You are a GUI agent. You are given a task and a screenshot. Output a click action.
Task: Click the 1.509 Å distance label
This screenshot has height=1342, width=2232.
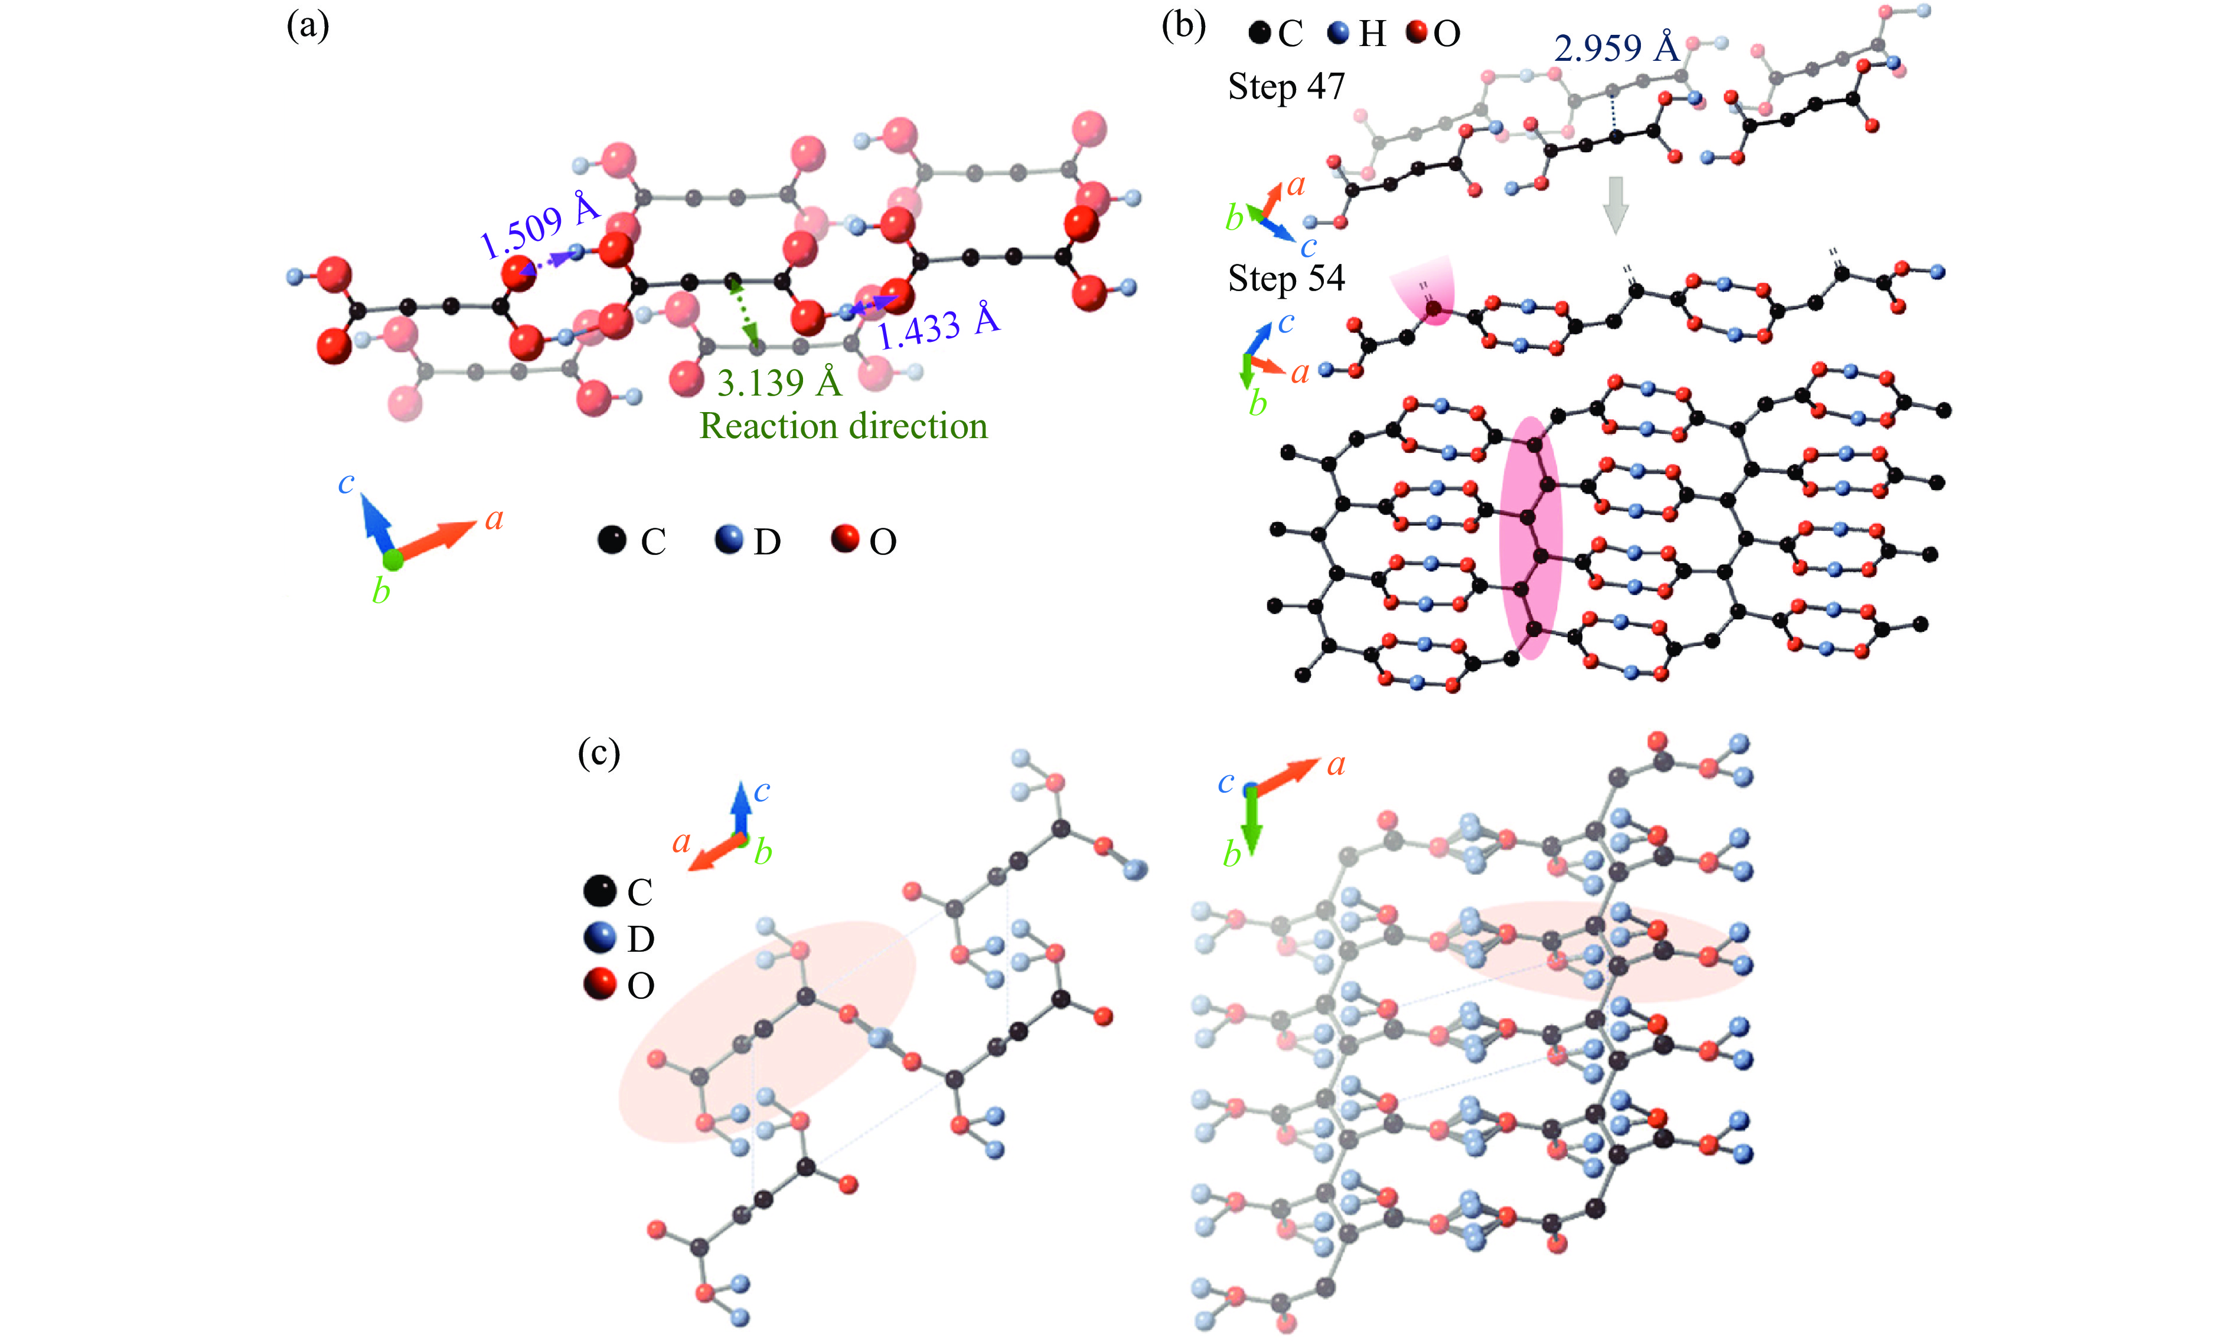tap(540, 226)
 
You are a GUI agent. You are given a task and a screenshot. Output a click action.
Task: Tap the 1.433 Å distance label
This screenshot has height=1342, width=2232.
tap(939, 326)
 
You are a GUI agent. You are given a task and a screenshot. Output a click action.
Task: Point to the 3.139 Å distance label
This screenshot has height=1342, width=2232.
tap(779, 383)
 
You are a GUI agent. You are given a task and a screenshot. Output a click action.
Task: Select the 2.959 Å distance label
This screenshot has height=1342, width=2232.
tap(1616, 48)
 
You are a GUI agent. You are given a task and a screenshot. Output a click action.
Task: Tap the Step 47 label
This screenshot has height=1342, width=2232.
tap(1286, 87)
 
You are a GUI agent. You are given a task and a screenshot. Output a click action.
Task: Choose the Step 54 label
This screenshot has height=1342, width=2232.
tap(1286, 279)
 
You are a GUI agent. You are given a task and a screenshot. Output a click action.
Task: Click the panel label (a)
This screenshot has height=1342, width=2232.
tap(308, 25)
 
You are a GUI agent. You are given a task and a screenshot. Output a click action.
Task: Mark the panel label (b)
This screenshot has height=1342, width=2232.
tap(1183, 25)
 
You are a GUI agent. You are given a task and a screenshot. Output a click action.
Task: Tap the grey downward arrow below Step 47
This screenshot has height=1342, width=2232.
tap(1615, 204)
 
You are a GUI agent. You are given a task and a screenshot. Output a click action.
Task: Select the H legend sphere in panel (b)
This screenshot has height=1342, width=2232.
tap(1339, 34)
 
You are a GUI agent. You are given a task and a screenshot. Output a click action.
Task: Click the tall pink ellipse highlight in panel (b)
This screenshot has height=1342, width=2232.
tap(1530, 538)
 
